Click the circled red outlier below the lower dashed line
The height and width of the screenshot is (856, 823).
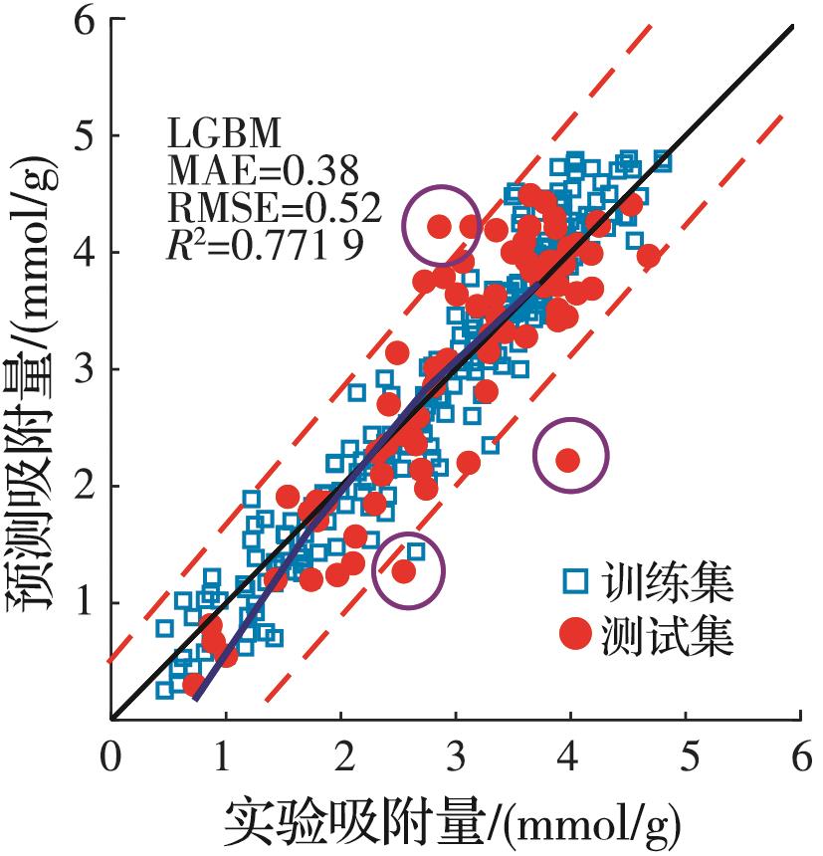tap(568, 459)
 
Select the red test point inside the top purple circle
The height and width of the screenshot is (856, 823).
tap(439, 226)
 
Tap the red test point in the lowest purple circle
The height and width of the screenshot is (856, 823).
tap(403, 571)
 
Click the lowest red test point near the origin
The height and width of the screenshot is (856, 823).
tap(193, 684)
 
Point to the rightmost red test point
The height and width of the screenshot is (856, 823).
tap(649, 256)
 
